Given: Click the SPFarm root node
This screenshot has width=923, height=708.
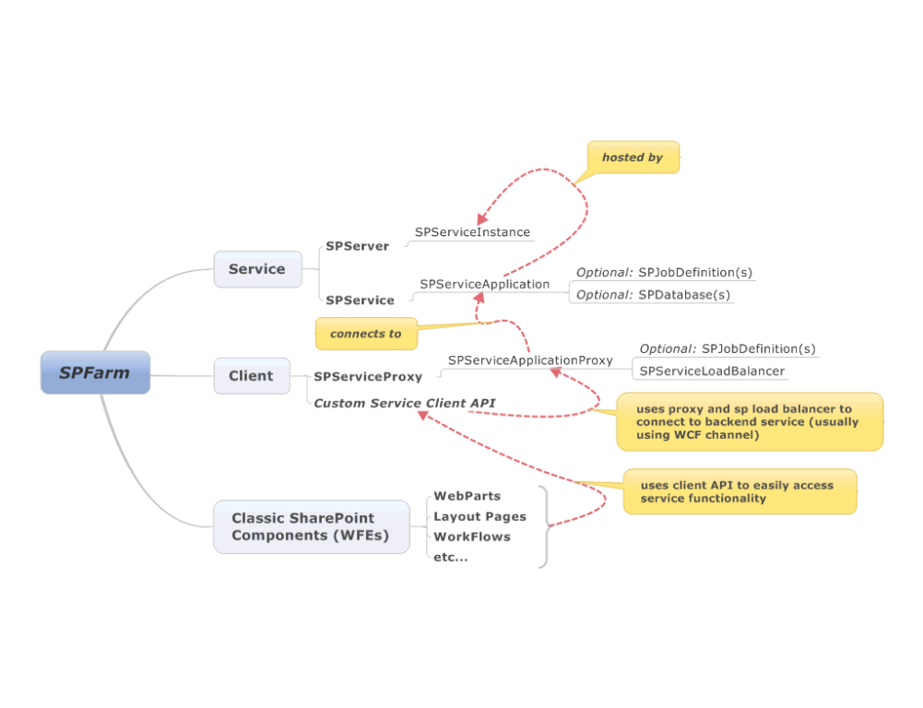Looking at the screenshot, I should coord(95,372).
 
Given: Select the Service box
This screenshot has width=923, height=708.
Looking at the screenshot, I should coord(257,269).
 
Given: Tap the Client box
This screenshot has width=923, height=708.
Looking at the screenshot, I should coord(252,375).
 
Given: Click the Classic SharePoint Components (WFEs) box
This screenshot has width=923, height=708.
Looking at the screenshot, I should coord(311,526).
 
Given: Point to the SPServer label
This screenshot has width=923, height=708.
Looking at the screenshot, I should coord(357,246).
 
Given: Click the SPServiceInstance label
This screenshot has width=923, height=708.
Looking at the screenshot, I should coord(472,232).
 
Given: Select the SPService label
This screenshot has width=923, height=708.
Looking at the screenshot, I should coord(360,300).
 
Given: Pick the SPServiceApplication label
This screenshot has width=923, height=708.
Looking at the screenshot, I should coord(484,284).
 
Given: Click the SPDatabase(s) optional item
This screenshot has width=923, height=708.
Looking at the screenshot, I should coord(683,295).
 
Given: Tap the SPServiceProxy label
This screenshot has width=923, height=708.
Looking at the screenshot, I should coord(367,376).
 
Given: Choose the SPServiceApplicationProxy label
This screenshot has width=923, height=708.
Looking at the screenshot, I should coord(530,360).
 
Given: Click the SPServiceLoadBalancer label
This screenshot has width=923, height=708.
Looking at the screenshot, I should coord(711,371).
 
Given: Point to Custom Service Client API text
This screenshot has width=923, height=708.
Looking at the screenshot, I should coord(404,403).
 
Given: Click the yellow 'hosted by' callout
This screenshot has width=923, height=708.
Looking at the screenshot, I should coord(633,158).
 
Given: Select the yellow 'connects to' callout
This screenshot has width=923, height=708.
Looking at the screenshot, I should coord(365,334).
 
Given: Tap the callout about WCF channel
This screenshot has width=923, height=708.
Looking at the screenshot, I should coord(749,421).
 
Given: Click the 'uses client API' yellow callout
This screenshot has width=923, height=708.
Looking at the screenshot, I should coord(740,491).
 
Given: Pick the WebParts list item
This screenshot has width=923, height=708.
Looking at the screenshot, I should coord(467,496).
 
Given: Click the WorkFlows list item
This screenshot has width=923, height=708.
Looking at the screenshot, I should coord(471,537).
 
